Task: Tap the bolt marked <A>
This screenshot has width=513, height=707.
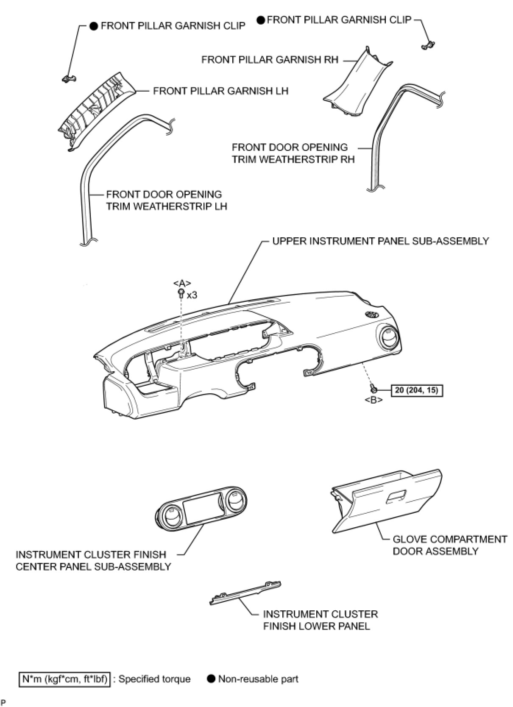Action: [x=181, y=292]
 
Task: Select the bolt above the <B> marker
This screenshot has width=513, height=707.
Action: [x=373, y=388]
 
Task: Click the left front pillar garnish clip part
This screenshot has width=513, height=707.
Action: [x=67, y=78]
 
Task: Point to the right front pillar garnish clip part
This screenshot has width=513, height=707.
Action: [x=429, y=45]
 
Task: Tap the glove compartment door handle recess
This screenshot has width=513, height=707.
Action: [x=396, y=496]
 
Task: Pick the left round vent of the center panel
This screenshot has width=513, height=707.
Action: [x=172, y=516]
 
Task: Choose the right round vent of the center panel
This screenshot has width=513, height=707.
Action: [x=233, y=499]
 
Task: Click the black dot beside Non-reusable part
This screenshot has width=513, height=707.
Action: [x=211, y=679]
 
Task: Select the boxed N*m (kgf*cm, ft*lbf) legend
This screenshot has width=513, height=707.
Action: [x=64, y=679]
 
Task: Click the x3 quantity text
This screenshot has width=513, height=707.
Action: [x=192, y=295]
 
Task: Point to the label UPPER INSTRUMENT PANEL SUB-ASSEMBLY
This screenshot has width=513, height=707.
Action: [x=380, y=241]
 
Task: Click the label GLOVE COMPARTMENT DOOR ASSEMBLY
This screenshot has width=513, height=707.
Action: [x=449, y=545]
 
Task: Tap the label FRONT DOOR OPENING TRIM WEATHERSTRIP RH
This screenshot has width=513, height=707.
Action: [x=293, y=153]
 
